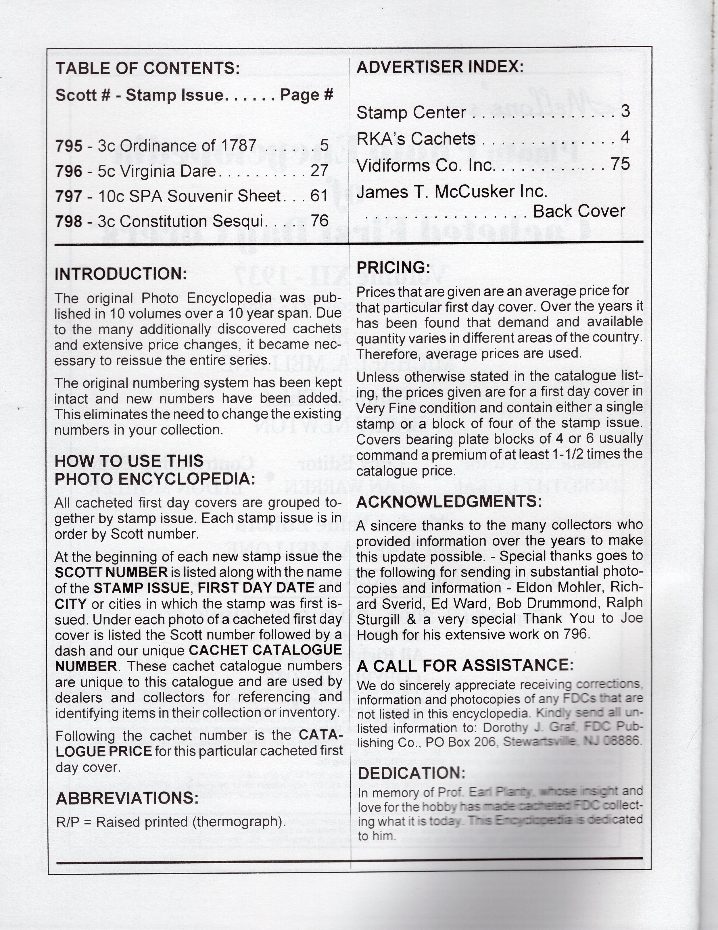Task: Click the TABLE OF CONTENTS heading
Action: click(x=147, y=68)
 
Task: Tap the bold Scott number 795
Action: click(x=69, y=146)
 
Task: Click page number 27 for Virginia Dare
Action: click(x=319, y=171)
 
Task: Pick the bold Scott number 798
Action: click(x=69, y=221)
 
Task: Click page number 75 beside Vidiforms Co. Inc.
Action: click(x=620, y=164)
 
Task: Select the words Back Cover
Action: click(x=579, y=211)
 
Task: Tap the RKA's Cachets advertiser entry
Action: click(x=416, y=139)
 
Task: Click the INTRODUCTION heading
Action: click(x=120, y=274)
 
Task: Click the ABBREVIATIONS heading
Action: click(x=127, y=798)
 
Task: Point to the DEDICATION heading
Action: click(x=411, y=773)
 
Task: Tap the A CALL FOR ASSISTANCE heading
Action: click(x=465, y=665)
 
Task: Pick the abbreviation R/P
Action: click(x=67, y=822)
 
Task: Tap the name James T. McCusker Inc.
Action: click(x=452, y=192)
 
